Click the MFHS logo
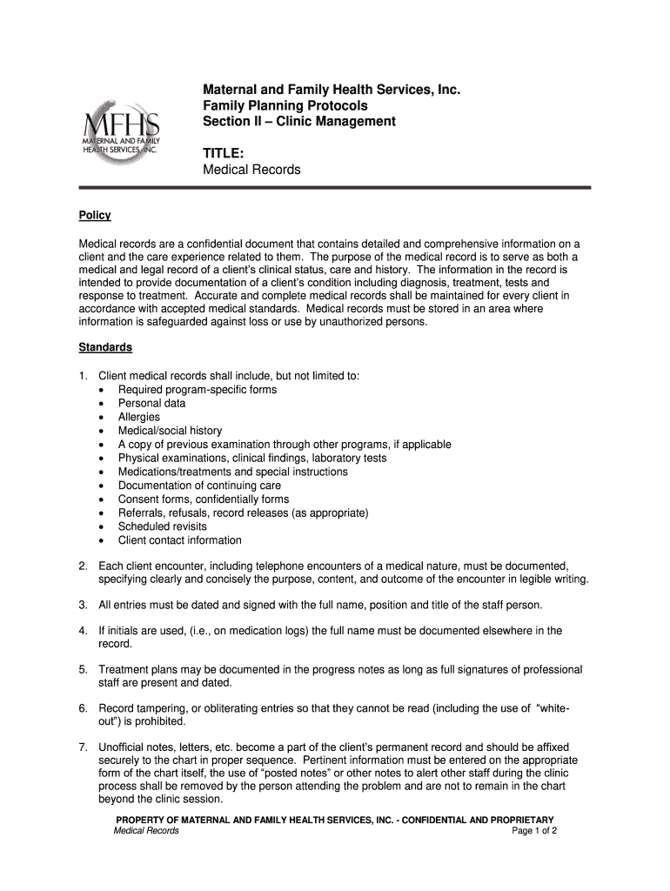123,129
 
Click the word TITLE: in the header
223,153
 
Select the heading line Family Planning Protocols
285,105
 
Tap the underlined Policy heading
95,215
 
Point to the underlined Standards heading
105,347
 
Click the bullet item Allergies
139,417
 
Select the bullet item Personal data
151,403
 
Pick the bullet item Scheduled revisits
163,526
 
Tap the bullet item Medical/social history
170,431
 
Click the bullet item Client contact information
180,540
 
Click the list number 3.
83,604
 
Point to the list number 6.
83,708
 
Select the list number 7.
83,747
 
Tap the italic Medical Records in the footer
146,831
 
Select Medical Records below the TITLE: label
251,170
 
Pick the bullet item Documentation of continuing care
199,486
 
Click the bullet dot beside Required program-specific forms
103,390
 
